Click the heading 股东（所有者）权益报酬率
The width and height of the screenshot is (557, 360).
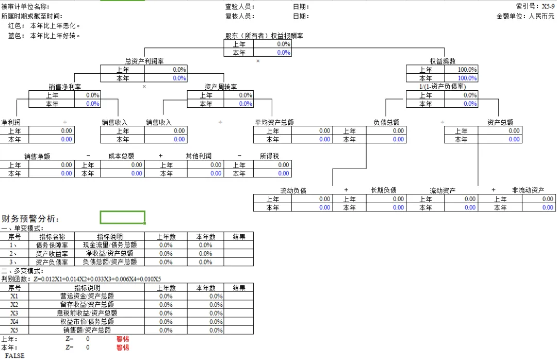coord(264,36)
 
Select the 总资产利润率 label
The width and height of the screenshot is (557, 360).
coord(144,61)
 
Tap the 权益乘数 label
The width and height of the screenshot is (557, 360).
coord(443,61)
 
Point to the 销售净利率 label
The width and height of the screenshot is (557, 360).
coord(64,87)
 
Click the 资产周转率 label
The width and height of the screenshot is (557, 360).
coord(221,87)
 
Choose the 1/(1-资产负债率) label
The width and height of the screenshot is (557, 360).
coord(442,87)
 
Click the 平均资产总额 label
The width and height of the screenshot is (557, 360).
coord(274,122)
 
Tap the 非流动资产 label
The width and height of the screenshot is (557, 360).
coord(528,190)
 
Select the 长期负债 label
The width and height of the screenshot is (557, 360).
coord(384,190)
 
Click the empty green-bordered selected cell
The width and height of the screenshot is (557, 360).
coord(122,217)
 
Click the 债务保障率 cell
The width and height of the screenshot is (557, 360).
coord(52,245)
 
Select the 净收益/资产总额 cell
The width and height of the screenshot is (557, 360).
coord(110,253)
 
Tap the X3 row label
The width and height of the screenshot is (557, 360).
coord(14,313)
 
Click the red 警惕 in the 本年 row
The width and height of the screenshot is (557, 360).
coord(123,348)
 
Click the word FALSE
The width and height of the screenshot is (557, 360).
coord(14,356)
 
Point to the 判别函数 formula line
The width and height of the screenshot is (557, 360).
coord(81,279)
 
